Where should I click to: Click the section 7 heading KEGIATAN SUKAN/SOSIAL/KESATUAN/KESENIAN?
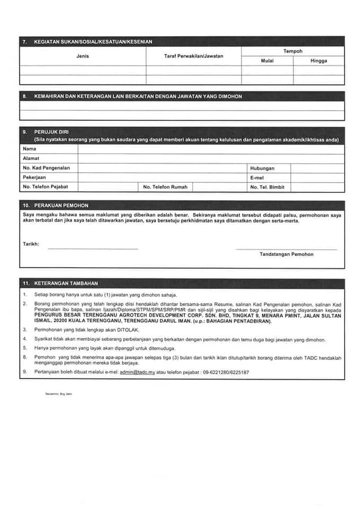93,41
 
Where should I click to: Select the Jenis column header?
82,56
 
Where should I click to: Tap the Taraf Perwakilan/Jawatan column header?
194,56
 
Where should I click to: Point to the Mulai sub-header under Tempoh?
267,60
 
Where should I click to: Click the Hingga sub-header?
319,60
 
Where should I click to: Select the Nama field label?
30,149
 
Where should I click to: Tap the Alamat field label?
31,159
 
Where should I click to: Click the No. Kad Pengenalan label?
47,168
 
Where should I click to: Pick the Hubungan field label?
262,168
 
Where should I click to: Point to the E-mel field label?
257,178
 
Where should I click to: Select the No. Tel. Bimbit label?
268,187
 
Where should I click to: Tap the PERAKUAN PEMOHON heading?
61,205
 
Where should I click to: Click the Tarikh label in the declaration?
31,244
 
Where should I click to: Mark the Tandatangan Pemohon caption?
286,254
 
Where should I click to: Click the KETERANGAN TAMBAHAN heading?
66,284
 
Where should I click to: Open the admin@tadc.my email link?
137,373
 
